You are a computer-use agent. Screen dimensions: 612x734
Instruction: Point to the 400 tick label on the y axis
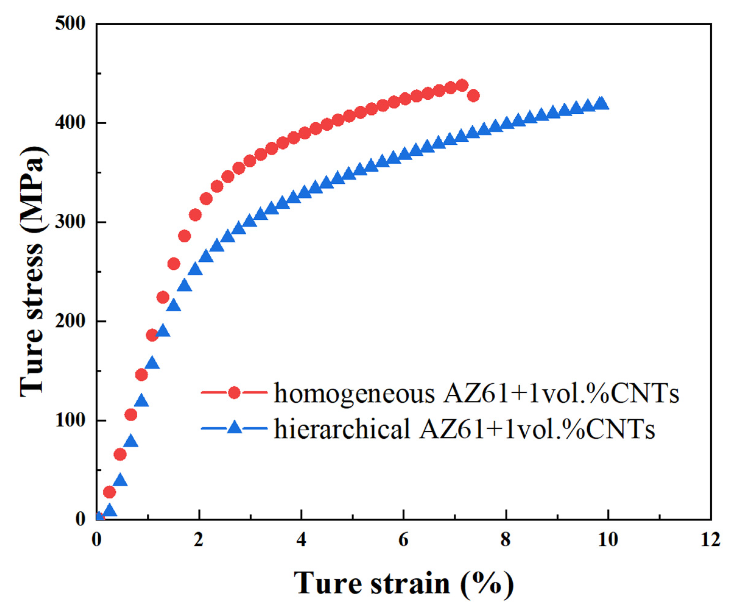tap(70, 123)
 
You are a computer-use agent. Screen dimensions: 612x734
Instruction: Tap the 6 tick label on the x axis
tap(403, 539)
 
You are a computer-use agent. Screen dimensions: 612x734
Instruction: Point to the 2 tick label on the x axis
tap(198, 539)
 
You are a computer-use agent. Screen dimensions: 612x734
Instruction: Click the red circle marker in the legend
tap(234, 393)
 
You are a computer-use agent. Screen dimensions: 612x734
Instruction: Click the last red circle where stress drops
tap(473, 95)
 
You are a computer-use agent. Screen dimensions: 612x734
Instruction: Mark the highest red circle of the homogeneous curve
tap(462, 85)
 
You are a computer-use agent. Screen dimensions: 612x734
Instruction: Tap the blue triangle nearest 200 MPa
tap(163, 330)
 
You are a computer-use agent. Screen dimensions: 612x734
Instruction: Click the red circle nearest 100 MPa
tap(131, 415)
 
